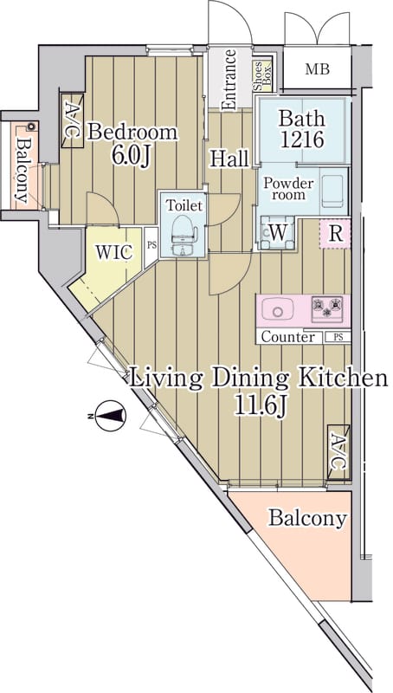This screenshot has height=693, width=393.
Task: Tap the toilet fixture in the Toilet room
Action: (183, 234)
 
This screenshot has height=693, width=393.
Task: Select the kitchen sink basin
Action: (277, 308)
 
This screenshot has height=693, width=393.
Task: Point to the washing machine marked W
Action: (277, 233)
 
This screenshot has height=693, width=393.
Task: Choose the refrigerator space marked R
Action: (335, 233)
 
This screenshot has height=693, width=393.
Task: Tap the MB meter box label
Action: (318, 69)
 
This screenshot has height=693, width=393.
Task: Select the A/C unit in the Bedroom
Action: (72, 120)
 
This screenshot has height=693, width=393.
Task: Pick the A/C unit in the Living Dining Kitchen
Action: (338, 451)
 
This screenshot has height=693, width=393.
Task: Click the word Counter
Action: (288, 337)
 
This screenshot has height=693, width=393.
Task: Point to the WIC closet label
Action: (114, 253)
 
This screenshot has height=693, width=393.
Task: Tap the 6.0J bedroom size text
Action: (131, 156)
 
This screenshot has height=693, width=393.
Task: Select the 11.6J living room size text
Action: (261, 406)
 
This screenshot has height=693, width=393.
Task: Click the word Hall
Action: (229, 159)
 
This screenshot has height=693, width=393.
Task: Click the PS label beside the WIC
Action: (151, 246)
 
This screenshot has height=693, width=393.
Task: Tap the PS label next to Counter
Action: (338, 337)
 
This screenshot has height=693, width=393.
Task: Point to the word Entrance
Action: (229, 81)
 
